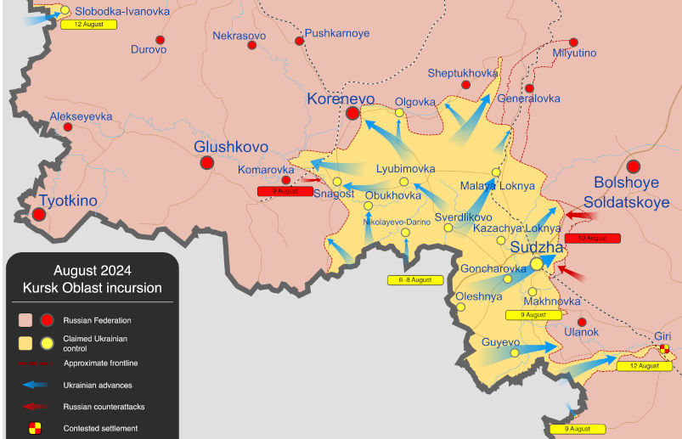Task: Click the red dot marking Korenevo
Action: point(353,112)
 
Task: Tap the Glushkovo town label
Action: point(227,146)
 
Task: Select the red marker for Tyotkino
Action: point(37,214)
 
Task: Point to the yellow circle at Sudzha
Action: point(537,264)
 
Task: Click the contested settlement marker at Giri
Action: point(664,348)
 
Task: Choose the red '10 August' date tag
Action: point(592,239)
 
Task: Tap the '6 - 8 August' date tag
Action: point(415,279)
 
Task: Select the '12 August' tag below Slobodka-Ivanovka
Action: point(88,25)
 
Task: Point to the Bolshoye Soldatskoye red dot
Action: point(634,166)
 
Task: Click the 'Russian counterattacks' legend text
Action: point(99,407)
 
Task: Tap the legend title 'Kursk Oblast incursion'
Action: point(92,288)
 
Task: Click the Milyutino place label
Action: point(574,53)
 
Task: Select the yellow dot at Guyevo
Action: point(514,352)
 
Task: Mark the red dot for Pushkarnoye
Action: point(299,41)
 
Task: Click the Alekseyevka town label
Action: point(81,116)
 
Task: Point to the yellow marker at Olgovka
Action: point(399,113)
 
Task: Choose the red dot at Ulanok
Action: point(581,322)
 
